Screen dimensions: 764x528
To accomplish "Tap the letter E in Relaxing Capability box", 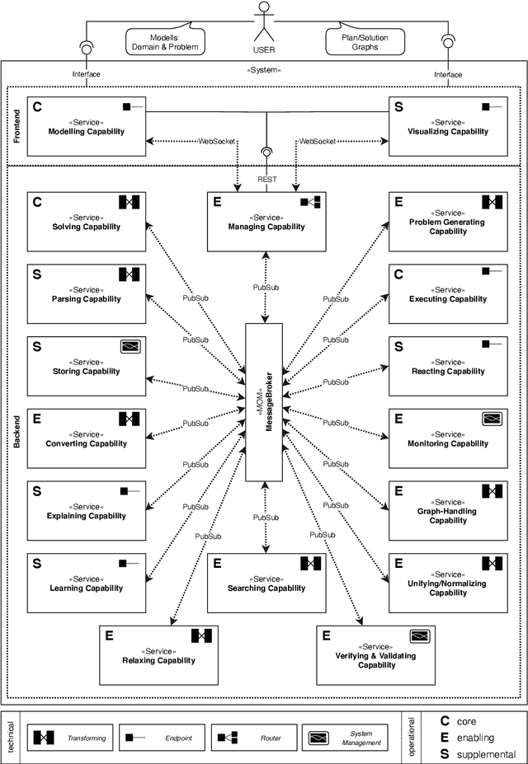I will (x=109, y=635).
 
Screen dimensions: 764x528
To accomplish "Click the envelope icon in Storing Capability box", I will (x=130, y=347).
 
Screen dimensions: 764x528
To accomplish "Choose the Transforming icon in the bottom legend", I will (x=43, y=738).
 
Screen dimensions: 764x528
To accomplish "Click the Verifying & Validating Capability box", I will (x=376, y=654).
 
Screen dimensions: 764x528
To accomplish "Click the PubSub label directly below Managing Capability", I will (x=265, y=288).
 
